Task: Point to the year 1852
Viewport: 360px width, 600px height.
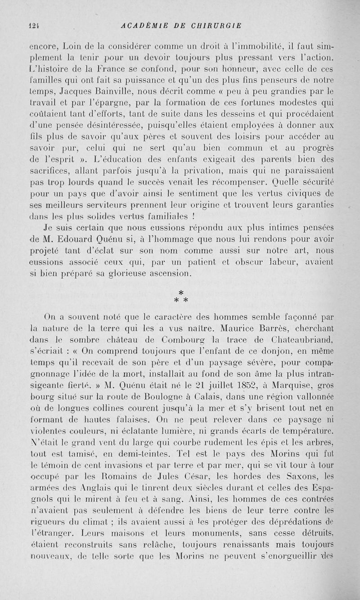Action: [241, 384]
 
